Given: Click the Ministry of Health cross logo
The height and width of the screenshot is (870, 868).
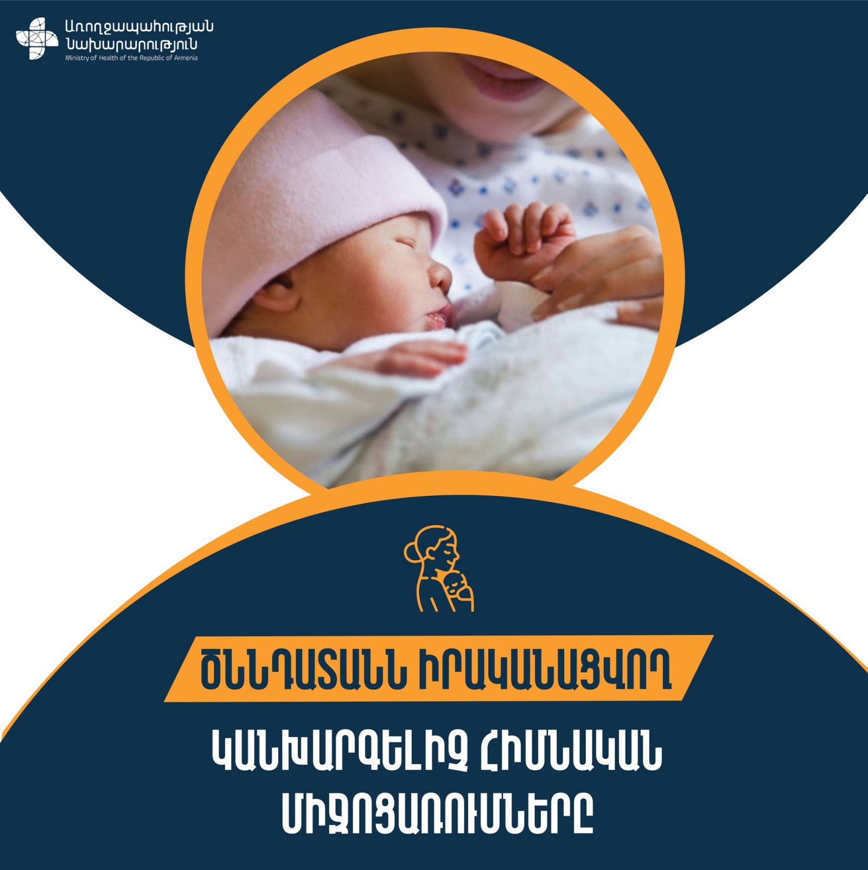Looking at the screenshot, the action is coord(36,39).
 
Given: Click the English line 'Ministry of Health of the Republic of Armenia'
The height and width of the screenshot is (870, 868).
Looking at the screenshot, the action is coord(131,58).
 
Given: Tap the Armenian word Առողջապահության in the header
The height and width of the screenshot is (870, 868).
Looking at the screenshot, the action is coord(139,27).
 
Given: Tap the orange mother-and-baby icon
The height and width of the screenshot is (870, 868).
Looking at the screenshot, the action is coord(439,568).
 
